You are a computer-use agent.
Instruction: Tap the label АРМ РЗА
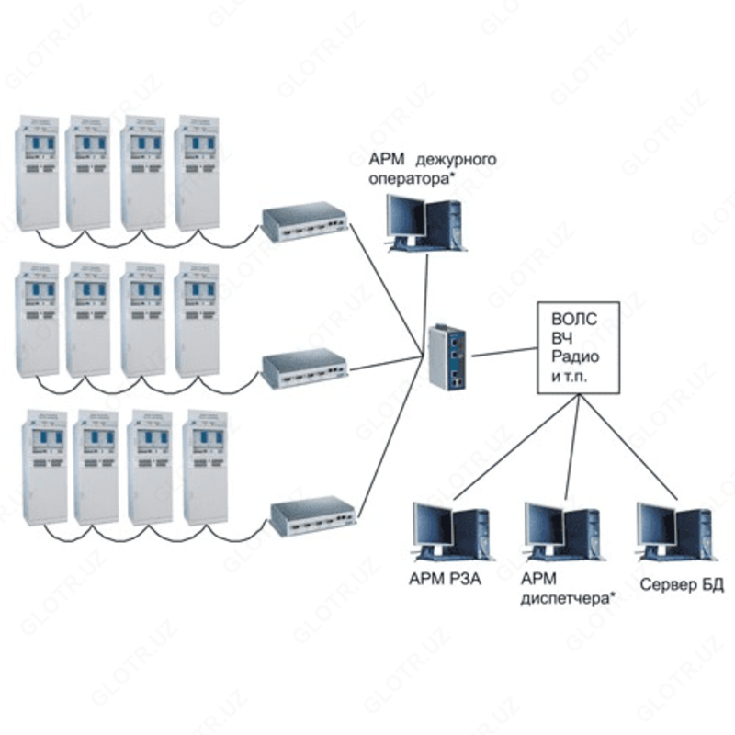point(446,581)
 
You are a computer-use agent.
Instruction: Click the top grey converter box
point(304,220)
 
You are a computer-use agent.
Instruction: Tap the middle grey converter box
point(304,368)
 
